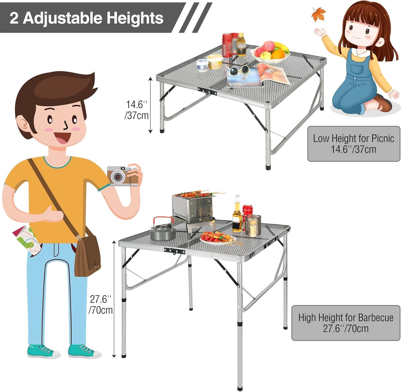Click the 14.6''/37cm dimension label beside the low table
(x=136, y=110)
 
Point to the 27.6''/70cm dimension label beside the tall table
(x=100, y=305)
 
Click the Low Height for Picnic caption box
(x=354, y=144)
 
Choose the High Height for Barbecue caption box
(x=346, y=323)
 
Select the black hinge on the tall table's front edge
(x=174, y=251)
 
